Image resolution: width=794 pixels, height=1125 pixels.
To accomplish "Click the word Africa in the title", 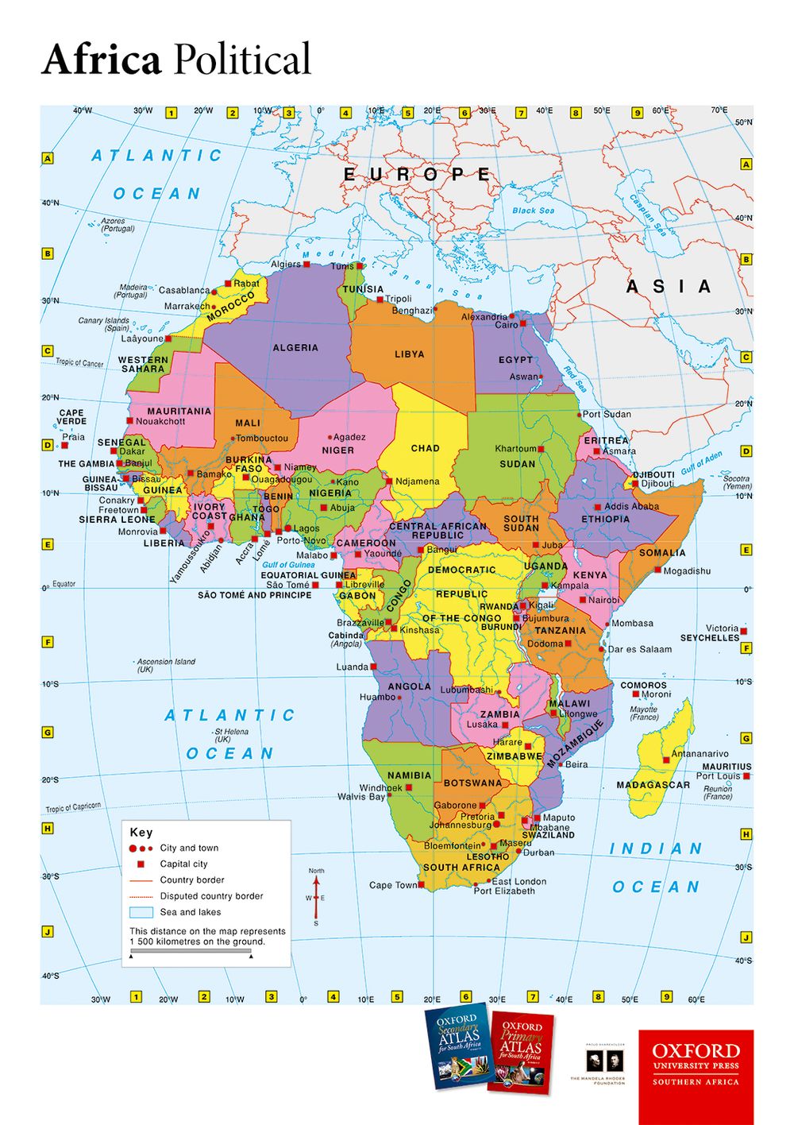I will point(101,60).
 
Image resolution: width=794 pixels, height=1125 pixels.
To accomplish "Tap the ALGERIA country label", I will point(295,348).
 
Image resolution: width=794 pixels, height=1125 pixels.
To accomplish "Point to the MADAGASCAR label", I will point(653,785).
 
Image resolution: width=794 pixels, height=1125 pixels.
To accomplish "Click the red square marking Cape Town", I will point(422,884).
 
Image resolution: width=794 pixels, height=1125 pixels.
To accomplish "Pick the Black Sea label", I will point(533,211).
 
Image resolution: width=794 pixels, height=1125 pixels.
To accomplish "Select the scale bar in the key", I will point(191,950).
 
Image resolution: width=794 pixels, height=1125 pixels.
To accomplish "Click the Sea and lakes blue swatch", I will point(141,912).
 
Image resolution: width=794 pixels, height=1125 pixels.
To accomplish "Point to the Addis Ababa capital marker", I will point(598,507).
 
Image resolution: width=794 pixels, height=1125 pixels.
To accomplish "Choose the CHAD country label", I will point(425,448).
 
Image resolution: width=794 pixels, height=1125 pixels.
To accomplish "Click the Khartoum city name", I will point(515,449).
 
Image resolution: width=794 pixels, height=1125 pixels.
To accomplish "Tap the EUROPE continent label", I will point(417,175).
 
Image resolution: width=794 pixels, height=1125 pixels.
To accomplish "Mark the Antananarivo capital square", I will point(667,761).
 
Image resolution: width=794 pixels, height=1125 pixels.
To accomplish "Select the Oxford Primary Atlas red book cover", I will point(520,1050).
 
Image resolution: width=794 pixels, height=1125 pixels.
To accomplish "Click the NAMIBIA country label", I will point(409,775).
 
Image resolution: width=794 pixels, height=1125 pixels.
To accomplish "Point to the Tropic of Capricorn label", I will point(73,807).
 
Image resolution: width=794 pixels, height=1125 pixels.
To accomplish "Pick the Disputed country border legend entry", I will point(211,896).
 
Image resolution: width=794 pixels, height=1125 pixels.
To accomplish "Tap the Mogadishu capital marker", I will point(657,570).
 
